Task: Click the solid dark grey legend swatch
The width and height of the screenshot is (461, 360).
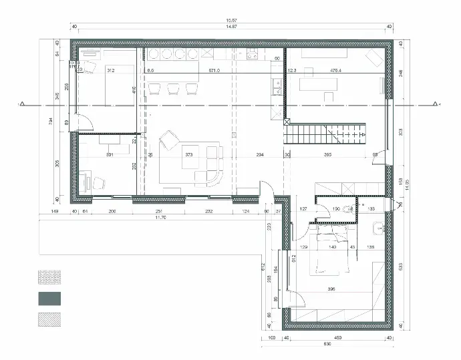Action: click(49, 297)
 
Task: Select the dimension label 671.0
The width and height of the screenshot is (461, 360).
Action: click(214, 69)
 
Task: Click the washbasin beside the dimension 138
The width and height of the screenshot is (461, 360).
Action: click(379, 225)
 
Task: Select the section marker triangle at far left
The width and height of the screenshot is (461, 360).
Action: click(22, 104)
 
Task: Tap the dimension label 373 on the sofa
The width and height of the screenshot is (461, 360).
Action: click(189, 154)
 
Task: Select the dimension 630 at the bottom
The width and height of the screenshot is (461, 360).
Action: click(327, 345)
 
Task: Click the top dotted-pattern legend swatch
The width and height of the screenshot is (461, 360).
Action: click(49, 275)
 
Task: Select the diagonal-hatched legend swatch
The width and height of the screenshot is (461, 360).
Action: click(49, 319)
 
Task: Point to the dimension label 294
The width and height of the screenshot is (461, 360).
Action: click(260, 154)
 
